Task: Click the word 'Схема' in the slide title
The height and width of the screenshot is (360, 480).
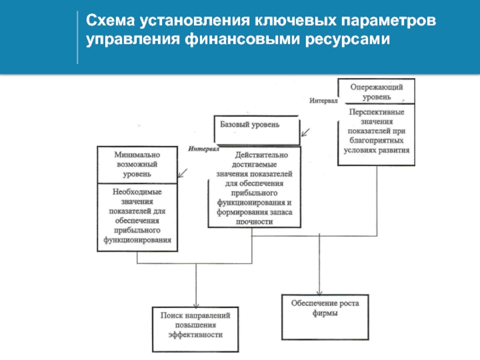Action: click(x=110, y=21)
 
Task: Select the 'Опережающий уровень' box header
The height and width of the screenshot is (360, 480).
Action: click(x=377, y=91)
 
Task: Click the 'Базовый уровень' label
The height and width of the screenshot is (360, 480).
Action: click(x=250, y=125)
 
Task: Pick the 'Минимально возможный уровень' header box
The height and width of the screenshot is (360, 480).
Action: click(x=137, y=164)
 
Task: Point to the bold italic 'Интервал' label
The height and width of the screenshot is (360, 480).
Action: click(x=203, y=149)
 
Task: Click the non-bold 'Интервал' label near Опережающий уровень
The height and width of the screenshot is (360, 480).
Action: click(x=323, y=100)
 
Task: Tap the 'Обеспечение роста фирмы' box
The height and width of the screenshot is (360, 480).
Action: click(x=325, y=317)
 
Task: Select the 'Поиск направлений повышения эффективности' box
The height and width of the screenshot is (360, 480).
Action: click(x=196, y=329)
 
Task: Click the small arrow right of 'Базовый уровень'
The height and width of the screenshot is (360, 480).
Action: click(x=305, y=132)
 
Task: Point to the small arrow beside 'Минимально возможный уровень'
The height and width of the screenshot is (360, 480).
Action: click(x=183, y=173)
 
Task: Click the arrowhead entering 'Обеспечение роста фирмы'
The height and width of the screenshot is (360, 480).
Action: click(x=320, y=293)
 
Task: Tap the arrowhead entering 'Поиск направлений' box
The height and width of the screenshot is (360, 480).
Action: click(x=196, y=305)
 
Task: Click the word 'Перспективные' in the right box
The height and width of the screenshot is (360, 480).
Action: click(x=377, y=112)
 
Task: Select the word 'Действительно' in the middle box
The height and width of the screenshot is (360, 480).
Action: click(x=262, y=155)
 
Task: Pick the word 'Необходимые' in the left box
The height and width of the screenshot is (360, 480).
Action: click(x=137, y=192)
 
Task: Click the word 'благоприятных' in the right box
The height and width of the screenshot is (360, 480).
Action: click(x=377, y=140)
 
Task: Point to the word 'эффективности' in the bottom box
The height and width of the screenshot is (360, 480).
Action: click(x=196, y=335)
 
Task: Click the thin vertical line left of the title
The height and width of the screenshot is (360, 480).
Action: click(x=77, y=37)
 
